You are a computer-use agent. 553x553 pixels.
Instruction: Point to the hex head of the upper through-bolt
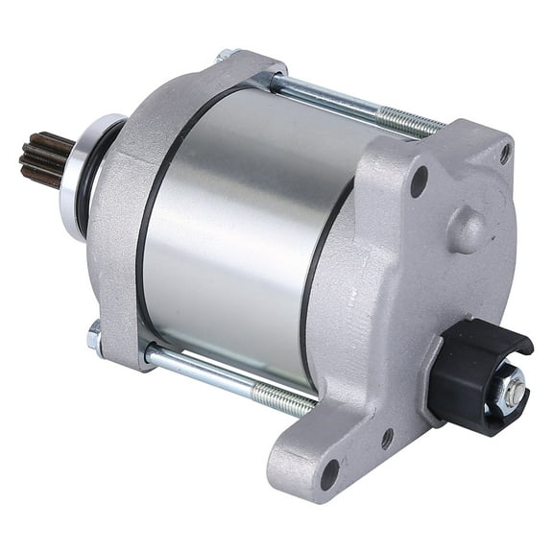coord(227,55)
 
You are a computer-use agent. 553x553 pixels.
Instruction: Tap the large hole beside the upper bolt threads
coord(419,180)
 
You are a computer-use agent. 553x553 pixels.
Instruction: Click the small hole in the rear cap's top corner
coord(505,153)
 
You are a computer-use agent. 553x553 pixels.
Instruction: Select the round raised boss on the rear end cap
coord(468,231)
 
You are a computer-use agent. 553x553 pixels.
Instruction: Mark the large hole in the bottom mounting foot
coord(328,472)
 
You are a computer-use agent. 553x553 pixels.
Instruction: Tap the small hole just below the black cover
coord(387,438)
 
